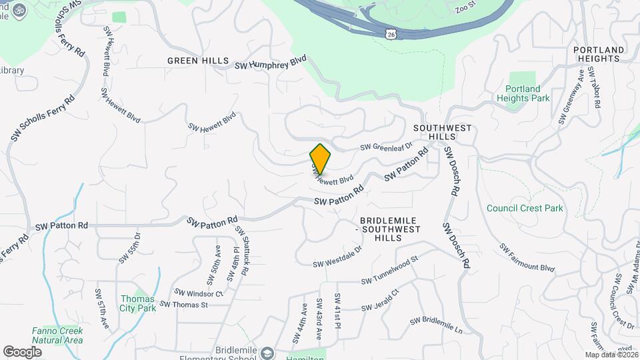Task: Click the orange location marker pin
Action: (x=321, y=159)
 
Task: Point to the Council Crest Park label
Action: (x=525, y=208)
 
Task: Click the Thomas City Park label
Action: (x=137, y=303)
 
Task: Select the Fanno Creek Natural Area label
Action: (x=57, y=335)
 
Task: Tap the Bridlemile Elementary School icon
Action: (x=267, y=352)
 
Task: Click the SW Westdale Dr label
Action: (x=337, y=257)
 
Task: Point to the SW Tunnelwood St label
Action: (x=389, y=270)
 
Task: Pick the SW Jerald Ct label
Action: (x=379, y=300)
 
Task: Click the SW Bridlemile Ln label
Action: (x=436, y=325)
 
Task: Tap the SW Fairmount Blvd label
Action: (x=527, y=258)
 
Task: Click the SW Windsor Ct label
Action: (x=198, y=293)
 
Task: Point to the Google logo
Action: (x=22, y=351)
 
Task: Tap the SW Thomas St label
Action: (x=184, y=305)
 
